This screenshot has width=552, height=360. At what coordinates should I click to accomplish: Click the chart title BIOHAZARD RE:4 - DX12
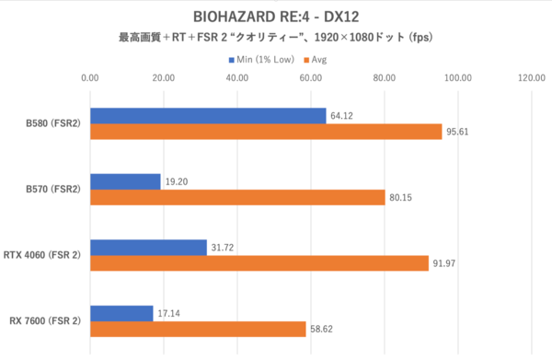(276, 16)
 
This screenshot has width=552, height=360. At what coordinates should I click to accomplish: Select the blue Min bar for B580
(208, 115)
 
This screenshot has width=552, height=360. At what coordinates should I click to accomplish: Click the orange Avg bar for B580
(266, 132)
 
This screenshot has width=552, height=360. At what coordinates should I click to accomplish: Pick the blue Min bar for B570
(125, 181)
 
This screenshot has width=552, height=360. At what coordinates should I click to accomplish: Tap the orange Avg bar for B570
(237, 198)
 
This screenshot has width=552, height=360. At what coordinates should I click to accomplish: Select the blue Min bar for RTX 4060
(148, 247)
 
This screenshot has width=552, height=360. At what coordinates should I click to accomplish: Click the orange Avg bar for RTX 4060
(259, 263)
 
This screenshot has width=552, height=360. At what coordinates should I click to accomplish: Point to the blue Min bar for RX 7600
(121, 313)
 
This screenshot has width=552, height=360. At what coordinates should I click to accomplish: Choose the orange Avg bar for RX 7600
(198, 330)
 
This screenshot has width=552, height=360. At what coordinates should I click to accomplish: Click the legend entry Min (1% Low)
(263, 59)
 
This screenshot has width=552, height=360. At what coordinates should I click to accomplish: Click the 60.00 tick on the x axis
(310, 79)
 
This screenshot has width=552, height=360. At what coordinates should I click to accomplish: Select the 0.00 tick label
(90, 79)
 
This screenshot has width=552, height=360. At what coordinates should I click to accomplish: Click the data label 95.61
(459, 132)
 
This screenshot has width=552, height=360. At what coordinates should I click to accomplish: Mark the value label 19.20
(177, 181)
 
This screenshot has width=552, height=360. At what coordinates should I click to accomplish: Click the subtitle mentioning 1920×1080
(276, 39)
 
